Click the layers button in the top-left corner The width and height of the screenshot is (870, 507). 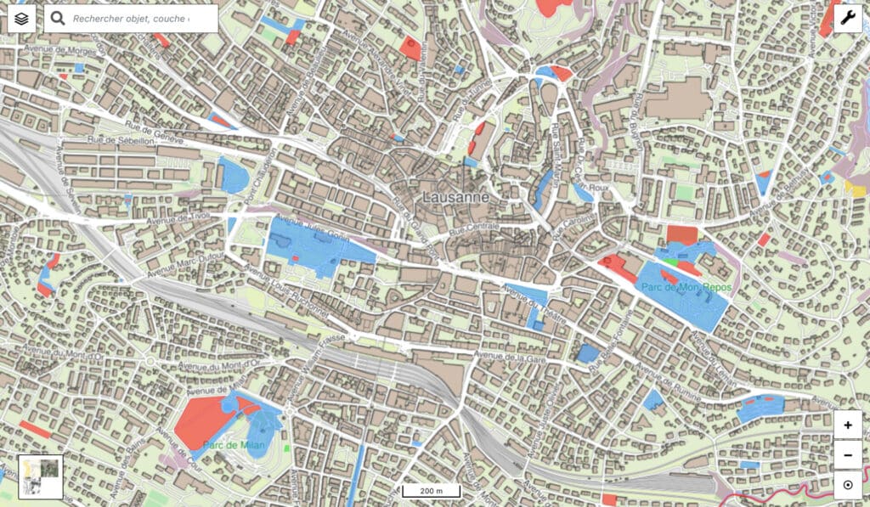(22, 18)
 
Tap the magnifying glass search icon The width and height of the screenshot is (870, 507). (58, 18)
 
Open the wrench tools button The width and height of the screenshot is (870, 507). (847, 18)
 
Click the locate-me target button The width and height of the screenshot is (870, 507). (847, 486)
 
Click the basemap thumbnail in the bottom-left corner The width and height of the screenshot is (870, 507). (40, 476)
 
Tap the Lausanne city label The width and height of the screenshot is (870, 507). (456, 197)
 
